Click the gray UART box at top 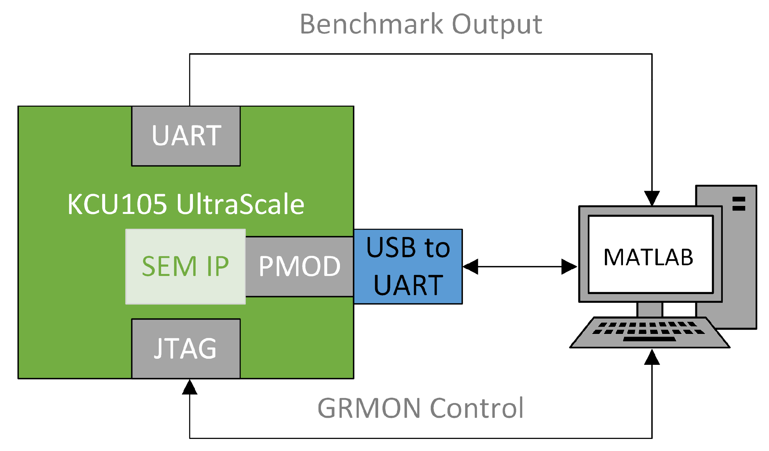click(186, 136)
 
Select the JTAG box click(186, 348)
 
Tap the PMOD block click(299, 267)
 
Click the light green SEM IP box click(185, 267)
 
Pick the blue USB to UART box click(408, 267)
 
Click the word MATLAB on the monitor click(648, 258)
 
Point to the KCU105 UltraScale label click(186, 204)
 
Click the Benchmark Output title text click(421, 24)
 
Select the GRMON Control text click(420, 408)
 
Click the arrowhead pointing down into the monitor click(652, 198)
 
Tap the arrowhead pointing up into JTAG click(190, 388)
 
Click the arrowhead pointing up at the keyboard click(652, 357)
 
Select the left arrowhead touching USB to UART click(471, 267)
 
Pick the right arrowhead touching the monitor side click(569, 267)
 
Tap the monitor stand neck click(649, 309)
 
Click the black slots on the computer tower click(739, 204)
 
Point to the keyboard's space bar click(649, 339)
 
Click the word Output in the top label click(497, 24)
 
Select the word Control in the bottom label click(477, 408)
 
